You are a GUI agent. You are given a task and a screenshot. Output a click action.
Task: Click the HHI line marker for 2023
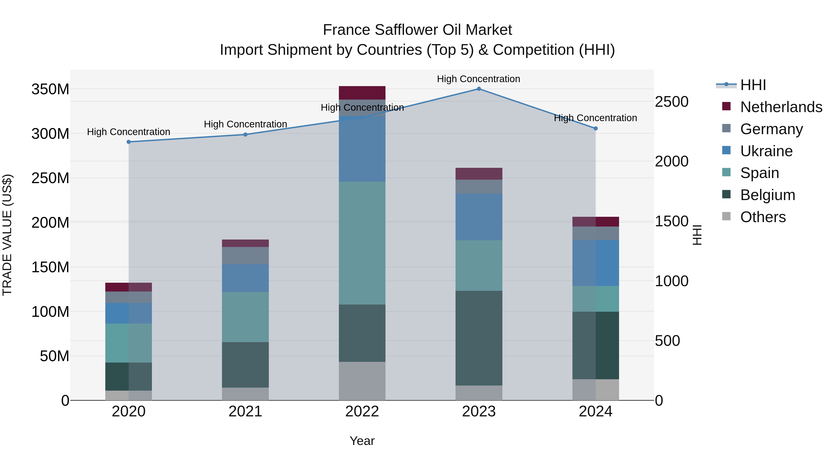[479, 89]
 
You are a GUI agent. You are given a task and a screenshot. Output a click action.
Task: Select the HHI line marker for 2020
[129, 142]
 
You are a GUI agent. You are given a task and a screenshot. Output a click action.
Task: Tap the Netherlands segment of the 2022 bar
[362, 93]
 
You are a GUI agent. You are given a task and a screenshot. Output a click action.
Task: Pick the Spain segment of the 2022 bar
[362, 243]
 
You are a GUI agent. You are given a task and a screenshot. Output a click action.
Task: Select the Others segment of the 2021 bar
[245, 394]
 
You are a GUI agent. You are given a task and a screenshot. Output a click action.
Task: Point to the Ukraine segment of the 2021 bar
[245, 278]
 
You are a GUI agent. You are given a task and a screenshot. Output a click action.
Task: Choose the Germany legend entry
[771, 129]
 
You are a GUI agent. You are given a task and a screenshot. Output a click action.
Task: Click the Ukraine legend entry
[766, 151]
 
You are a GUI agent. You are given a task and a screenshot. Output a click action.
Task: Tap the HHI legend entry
[753, 85]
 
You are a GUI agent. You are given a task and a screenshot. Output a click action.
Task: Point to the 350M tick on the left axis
[50, 89]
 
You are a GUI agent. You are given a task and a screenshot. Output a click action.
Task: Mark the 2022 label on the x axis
[362, 412]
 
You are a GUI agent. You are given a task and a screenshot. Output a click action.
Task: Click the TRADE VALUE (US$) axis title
[7, 235]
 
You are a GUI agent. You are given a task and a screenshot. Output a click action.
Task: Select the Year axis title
[362, 441]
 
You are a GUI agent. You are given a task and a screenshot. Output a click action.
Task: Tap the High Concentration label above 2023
[479, 79]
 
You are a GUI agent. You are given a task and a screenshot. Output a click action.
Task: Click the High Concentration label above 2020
[129, 132]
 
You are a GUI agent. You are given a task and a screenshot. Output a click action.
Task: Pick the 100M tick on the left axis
[50, 312]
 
